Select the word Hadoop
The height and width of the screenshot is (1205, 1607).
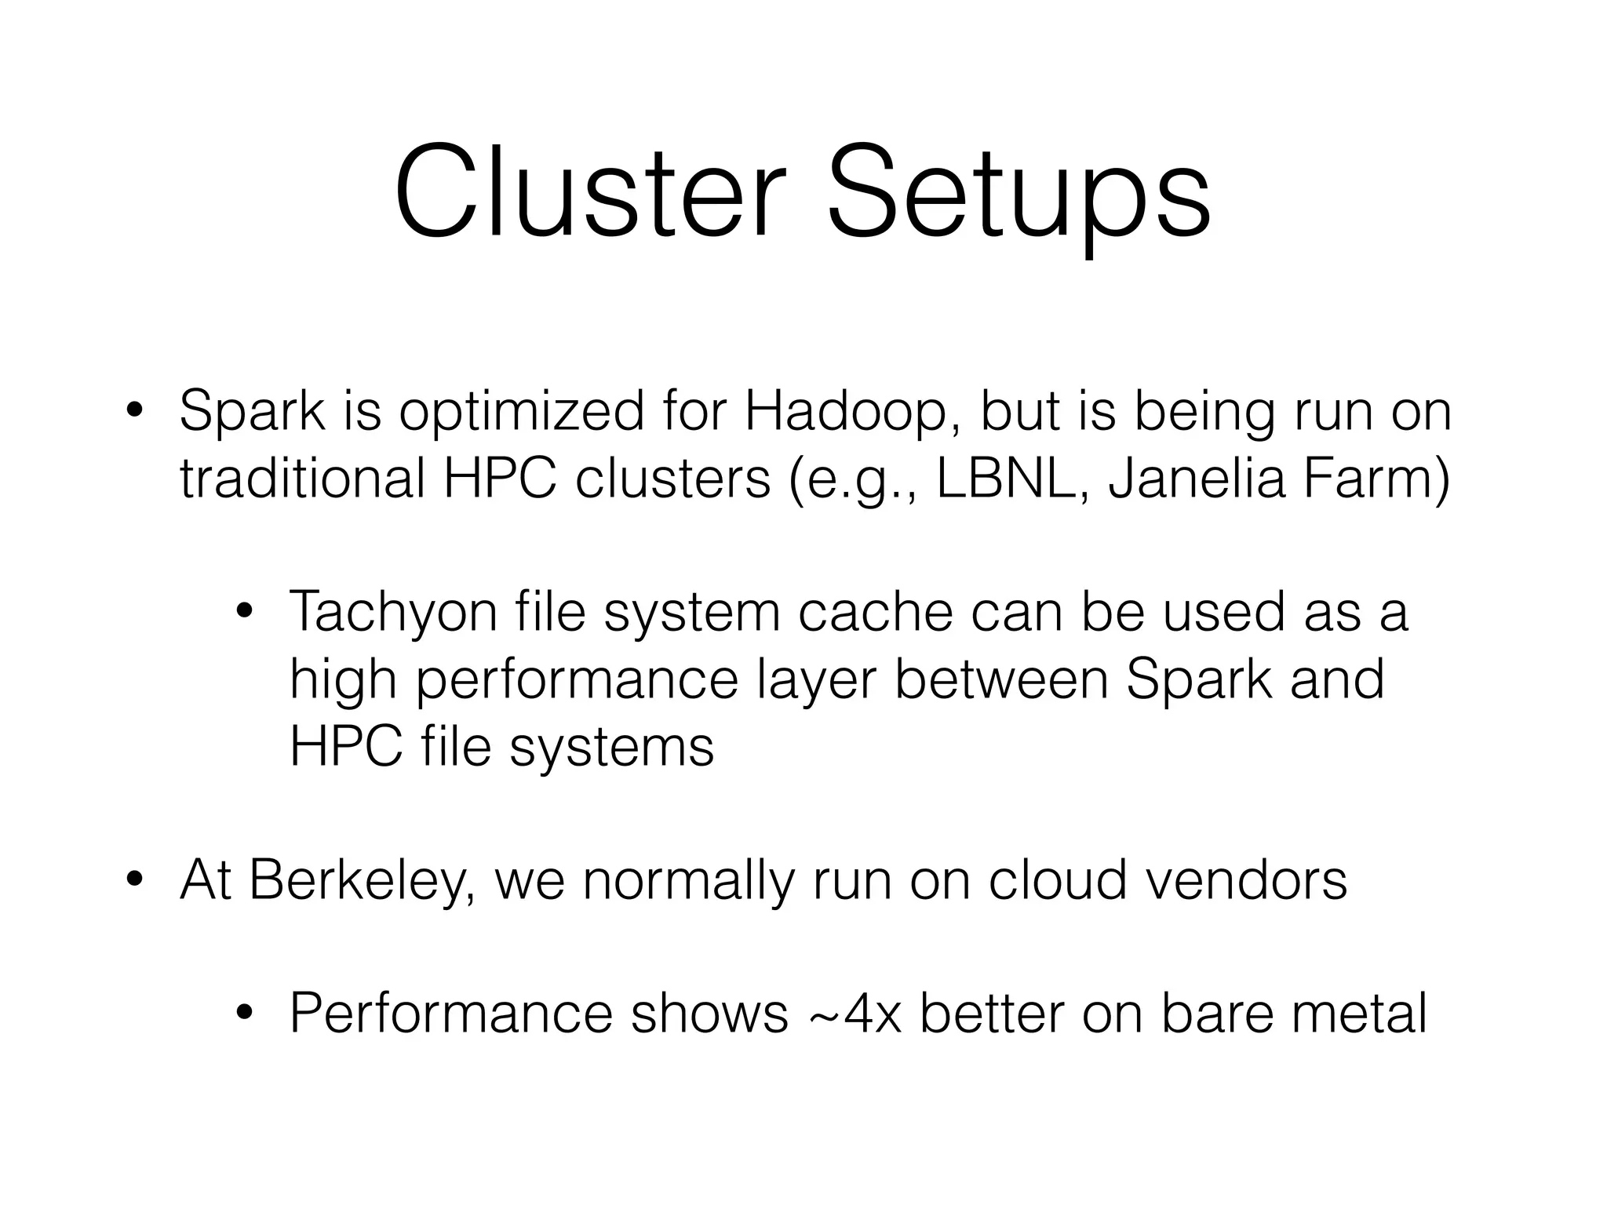pyautogui.click(x=844, y=411)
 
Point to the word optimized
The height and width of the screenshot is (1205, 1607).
pyautogui.click(x=521, y=413)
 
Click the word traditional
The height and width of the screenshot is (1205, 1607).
pyautogui.click(x=303, y=479)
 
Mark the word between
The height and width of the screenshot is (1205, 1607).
pyautogui.click(x=1001, y=679)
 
